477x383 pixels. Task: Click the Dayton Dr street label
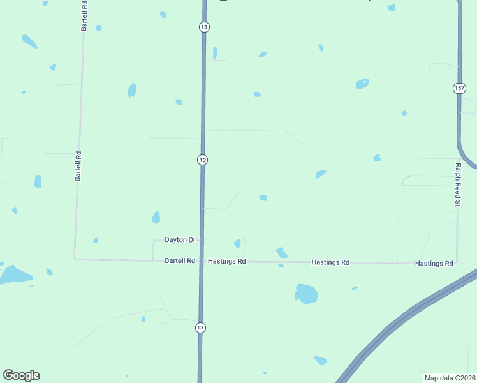click(180, 240)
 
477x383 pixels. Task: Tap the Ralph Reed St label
click(457, 184)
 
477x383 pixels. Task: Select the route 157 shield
click(459, 88)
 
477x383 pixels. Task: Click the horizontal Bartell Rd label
click(180, 261)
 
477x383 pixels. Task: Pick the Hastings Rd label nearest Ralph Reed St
click(434, 263)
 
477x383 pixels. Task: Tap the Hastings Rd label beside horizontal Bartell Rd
click(227, 262)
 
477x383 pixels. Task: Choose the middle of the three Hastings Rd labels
click(330, 262)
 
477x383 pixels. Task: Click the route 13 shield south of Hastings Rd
click(200, 327)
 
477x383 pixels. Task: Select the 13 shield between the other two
click(202, 160)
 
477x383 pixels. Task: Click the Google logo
click(21, 375)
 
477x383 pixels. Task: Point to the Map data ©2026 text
click(450, 378)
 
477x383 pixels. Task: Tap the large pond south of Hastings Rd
click(306, 294)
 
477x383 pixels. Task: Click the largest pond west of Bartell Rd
click(14, 275)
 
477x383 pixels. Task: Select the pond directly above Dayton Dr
click(156, 218)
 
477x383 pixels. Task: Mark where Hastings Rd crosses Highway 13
click(202, 261)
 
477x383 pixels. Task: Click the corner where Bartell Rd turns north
click(75, 259)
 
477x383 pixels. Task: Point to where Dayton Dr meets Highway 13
click(202, 240)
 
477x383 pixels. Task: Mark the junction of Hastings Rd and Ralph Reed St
click(457, 263)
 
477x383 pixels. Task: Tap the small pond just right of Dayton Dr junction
click(237, 243)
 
